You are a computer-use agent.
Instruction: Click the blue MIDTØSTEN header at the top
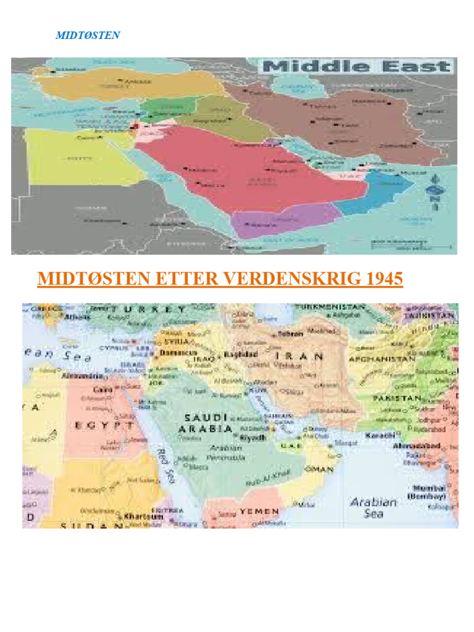click(x=88, y=35)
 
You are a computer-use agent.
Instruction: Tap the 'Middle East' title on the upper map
click(x=358, y=67)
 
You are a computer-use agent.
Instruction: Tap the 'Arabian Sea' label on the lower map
click(x=373, y=507)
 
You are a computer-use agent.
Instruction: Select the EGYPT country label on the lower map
click(x=105, y=425)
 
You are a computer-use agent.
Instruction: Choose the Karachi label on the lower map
click(x=380, y=435)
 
